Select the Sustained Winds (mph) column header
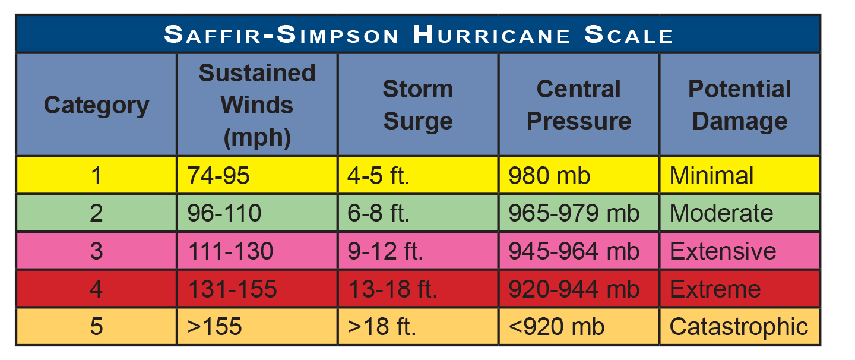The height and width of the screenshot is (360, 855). point(257,105)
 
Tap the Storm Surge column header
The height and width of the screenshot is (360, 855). point(418,105)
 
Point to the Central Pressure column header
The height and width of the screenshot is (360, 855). point(579,105)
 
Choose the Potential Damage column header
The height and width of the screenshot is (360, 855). point(740,105)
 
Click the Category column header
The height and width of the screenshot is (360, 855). point(96,105)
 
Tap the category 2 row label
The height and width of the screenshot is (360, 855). point(96,213)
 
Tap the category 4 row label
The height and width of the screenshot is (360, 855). point(96,289)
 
